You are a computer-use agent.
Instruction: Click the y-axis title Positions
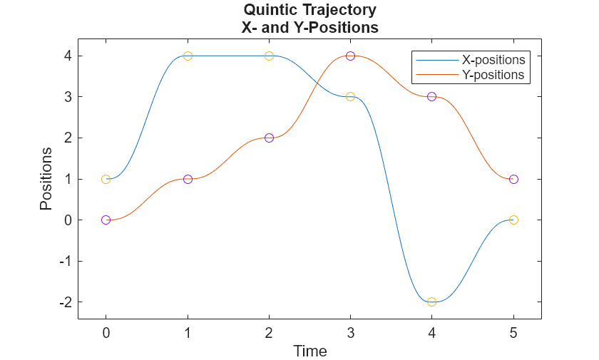(x=46, y=178)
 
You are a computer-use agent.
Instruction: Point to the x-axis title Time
(x=310, y=351)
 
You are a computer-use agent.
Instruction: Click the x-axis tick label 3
(x=350, y=333)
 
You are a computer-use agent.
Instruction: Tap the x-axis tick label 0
(x=106, y=333)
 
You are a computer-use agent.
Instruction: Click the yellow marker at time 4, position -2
(x=431, y=302)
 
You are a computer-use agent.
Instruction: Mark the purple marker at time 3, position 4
(x=350, y=56)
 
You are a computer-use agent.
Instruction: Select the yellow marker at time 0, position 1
(x=106, y=179)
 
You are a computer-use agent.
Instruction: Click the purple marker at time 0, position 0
(x=106, y=220)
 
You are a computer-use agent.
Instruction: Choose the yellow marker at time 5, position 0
(x=513, y=220)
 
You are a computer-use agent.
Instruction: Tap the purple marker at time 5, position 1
(x=513, y=179)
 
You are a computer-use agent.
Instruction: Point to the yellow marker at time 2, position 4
(x=269, y=56)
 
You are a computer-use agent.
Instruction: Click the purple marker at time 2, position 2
(x=269, y=138)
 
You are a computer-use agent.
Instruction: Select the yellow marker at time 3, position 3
(x=350, y=96)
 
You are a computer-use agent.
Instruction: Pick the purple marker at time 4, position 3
(x=431, y=96)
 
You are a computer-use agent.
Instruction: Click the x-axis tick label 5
(x=513, y=333)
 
